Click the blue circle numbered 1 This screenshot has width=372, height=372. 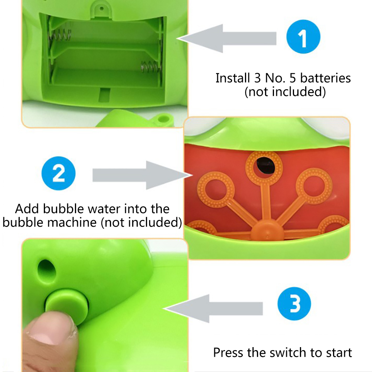[303, 37]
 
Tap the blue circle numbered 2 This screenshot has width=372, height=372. [58, 173]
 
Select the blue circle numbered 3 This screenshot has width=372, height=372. [294, 304]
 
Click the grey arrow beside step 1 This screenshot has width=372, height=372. [226, 38]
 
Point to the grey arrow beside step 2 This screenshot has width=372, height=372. [142, 175]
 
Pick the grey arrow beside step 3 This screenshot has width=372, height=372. [213, 309]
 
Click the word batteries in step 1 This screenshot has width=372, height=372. [325, 78]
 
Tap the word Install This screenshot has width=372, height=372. [232, 78]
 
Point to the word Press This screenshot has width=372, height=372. [228, 352]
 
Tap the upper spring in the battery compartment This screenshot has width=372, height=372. [60, 35]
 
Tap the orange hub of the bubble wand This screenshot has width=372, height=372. [267, 230]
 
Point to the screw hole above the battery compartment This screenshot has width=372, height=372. [102, 9]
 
